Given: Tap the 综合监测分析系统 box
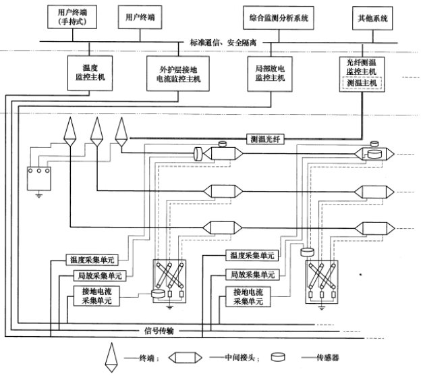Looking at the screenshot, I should click(x=278, y=18).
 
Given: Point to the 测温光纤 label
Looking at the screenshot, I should click(x=263, y=138).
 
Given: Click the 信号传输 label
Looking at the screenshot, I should click(x=161, y=331).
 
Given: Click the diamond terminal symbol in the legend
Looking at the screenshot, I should click(x=109, y=357).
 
